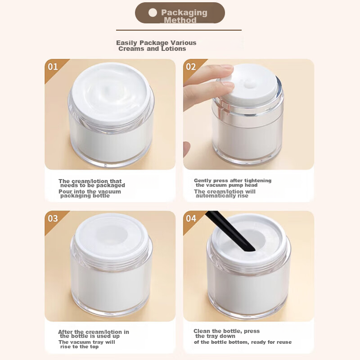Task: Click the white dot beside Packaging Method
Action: [x=153, y=13]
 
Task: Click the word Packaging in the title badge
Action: [x=184, y=13]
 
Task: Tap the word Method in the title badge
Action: [x=180, y=20]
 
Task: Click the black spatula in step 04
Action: [x=230, y=231]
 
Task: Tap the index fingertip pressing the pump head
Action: [x=226, y=69]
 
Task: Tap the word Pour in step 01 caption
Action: [x=65, y=192]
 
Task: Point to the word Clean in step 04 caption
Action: [x=202, y=331]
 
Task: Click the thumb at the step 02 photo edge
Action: [x=187, y=149]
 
